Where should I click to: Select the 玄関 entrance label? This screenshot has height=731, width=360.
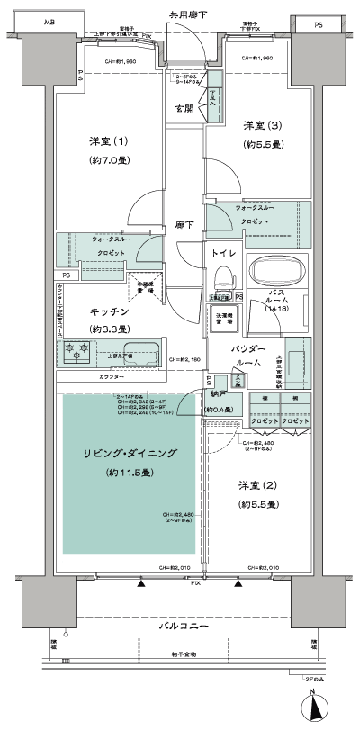[x=185, y=110]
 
